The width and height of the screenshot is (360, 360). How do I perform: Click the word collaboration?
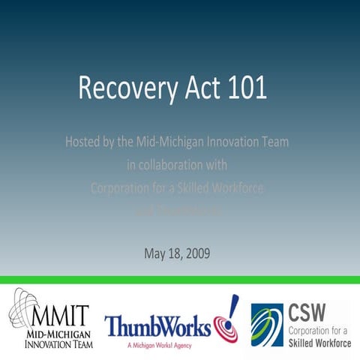(163, 164)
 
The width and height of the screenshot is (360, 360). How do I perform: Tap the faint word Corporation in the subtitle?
(119, 188)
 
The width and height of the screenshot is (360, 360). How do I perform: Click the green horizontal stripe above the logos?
(180, 280)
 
